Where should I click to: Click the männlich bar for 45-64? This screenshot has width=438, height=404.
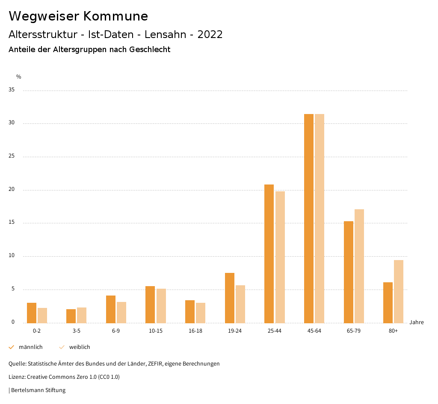(309, 218)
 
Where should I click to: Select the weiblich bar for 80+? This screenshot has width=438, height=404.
(399, 291)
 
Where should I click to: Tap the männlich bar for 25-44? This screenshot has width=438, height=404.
(269, 254)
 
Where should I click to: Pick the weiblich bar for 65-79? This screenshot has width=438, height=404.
(359, 266)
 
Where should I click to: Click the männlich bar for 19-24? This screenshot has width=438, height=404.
(230, 298)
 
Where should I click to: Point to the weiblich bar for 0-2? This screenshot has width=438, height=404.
(42, 315)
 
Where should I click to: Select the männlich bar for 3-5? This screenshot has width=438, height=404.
(71, 316)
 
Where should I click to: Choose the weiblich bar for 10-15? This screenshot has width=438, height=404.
(161, 306)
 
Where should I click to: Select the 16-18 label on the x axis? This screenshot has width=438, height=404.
(195, 331)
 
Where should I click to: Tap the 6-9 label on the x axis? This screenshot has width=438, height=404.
(116, 331)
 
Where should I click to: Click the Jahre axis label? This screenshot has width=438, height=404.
(417, 322)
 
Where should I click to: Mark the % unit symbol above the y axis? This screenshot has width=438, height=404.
(19, 77)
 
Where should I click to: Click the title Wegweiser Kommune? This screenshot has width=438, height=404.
(78, 16)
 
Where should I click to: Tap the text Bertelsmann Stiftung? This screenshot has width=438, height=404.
(38, 390)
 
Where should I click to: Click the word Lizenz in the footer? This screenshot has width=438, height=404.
(17, 377)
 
